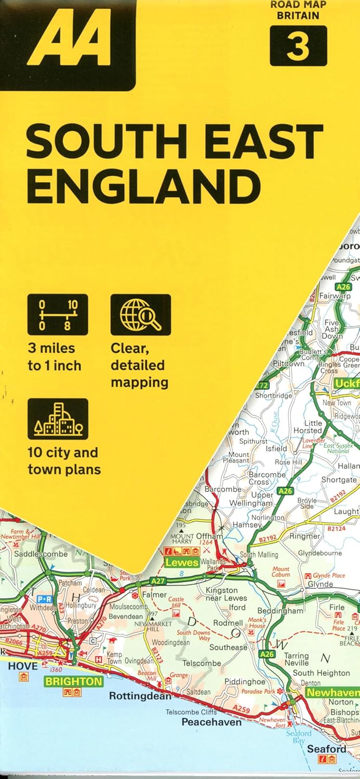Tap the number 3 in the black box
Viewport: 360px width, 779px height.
[298, 46]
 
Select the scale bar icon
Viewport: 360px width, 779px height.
[58, 315]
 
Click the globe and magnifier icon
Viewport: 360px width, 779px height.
[140, 315]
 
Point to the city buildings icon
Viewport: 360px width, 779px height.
[58, 419]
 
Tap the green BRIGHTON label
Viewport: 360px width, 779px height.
[73, 681]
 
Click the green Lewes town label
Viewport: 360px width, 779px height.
[182, 562]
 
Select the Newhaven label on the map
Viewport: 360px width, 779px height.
[332, 693]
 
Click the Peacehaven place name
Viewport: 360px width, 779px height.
[211, 722]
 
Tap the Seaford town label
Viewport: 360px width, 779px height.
[326, 749]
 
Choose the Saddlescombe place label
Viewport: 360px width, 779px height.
[41, 554]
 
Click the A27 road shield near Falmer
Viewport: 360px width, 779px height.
[158, 580]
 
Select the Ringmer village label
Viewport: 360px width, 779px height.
[305, 536]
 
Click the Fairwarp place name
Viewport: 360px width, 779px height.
[335, 296]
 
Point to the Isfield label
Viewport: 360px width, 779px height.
[276, 448]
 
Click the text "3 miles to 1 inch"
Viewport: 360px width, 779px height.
[55, 357]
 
